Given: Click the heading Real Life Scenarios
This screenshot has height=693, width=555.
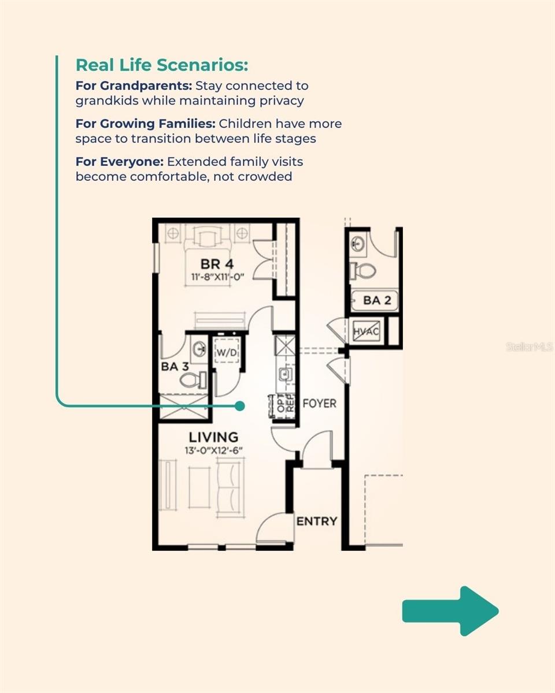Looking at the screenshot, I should (x=161, y=65).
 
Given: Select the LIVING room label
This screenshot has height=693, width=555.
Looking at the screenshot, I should (x=213, y=437).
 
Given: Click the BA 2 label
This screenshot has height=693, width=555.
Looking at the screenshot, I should (x=377, y=301).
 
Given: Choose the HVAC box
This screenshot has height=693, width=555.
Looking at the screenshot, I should (x=367, y=331).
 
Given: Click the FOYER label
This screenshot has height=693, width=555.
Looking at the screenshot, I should (x=319, y=403).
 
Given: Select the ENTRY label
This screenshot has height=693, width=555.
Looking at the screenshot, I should (x=316, y=521).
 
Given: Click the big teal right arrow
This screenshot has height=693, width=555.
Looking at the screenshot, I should (x=450, y=611).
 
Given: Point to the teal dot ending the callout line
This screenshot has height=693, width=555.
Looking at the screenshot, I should (x=240, y=407).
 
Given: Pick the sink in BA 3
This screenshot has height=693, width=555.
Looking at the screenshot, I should (x=199, y=348).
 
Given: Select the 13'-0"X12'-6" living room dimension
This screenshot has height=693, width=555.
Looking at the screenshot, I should (x=213, y=451).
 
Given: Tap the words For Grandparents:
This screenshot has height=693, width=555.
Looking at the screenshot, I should (x=134, y=86).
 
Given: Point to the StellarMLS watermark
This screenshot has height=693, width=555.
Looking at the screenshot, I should (x=529, y=347).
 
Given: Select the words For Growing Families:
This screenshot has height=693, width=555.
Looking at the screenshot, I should (x=145, y=124).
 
